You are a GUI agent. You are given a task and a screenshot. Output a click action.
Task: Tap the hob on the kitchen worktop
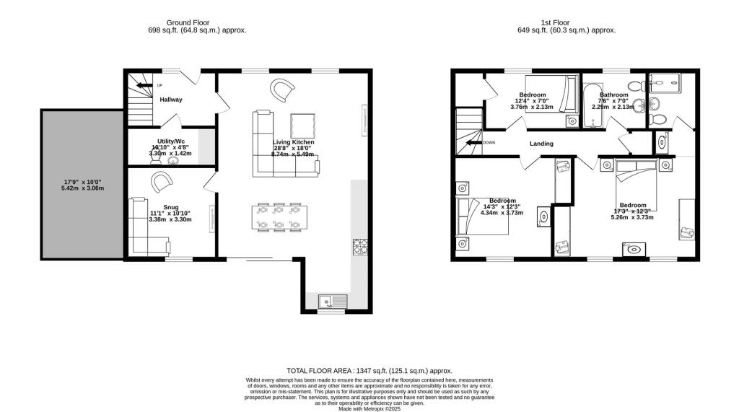click(359, 247)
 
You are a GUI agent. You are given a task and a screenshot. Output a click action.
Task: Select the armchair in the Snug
click(159, 183)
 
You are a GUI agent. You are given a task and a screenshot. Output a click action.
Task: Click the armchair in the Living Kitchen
click(282, 90)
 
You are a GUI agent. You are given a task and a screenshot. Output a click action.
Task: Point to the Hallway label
click(171, 100)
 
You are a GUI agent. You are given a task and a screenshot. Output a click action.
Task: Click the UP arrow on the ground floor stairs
click(145, 85)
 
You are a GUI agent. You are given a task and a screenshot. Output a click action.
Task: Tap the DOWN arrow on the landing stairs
click(473, 143)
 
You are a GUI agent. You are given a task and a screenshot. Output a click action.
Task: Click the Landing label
click(541, 144)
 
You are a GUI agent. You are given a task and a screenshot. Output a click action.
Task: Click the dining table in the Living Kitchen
click(277, 217)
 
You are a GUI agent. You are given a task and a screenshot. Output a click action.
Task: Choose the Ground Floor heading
click(188, 22)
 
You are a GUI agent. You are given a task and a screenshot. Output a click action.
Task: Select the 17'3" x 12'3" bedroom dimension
click(631, 210)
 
